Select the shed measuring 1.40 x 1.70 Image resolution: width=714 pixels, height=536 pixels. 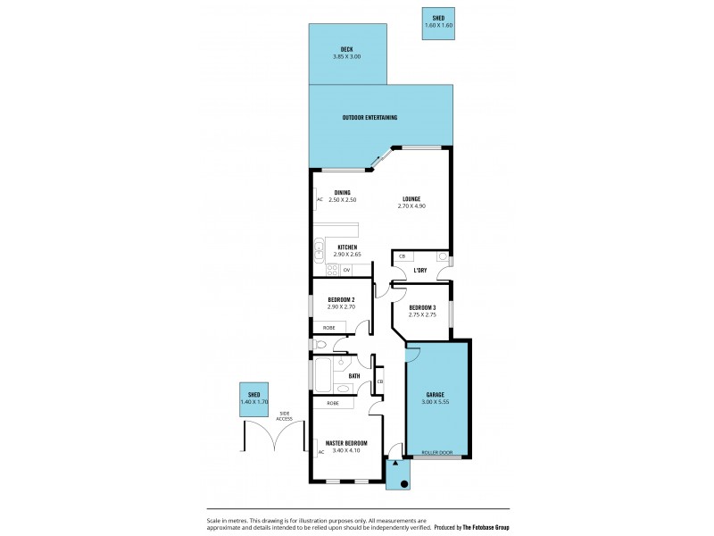(254, 399)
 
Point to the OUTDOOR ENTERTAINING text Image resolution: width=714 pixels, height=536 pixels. (369, 118)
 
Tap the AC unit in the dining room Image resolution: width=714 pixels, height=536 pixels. (319, 199)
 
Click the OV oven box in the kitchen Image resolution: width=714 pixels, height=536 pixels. (346, 270)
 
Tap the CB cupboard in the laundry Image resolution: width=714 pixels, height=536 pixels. (402, 256)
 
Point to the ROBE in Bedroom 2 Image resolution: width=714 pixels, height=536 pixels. (328, 328)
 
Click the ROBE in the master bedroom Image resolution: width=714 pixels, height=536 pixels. (332, 403)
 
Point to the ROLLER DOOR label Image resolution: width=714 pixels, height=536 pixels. (438, 453)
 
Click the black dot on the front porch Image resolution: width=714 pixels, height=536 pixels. (403, 484)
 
